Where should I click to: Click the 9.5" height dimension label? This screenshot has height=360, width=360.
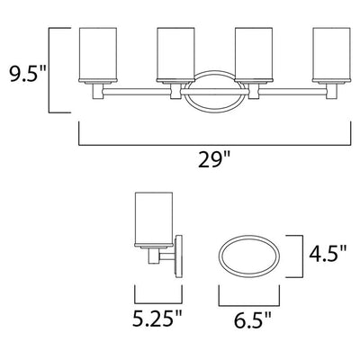coord(28,74)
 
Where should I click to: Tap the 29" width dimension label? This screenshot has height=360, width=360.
coord(214,159)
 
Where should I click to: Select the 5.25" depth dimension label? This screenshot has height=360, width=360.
coord(157,319)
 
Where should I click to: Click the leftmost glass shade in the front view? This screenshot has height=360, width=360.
coord(97,54)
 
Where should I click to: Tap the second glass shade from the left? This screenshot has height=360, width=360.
coord(175,54)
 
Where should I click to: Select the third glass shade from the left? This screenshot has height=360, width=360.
coord(254,54)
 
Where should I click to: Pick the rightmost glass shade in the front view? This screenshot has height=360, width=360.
coord(331,54)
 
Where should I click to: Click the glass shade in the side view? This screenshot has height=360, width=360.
coord(154,219)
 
